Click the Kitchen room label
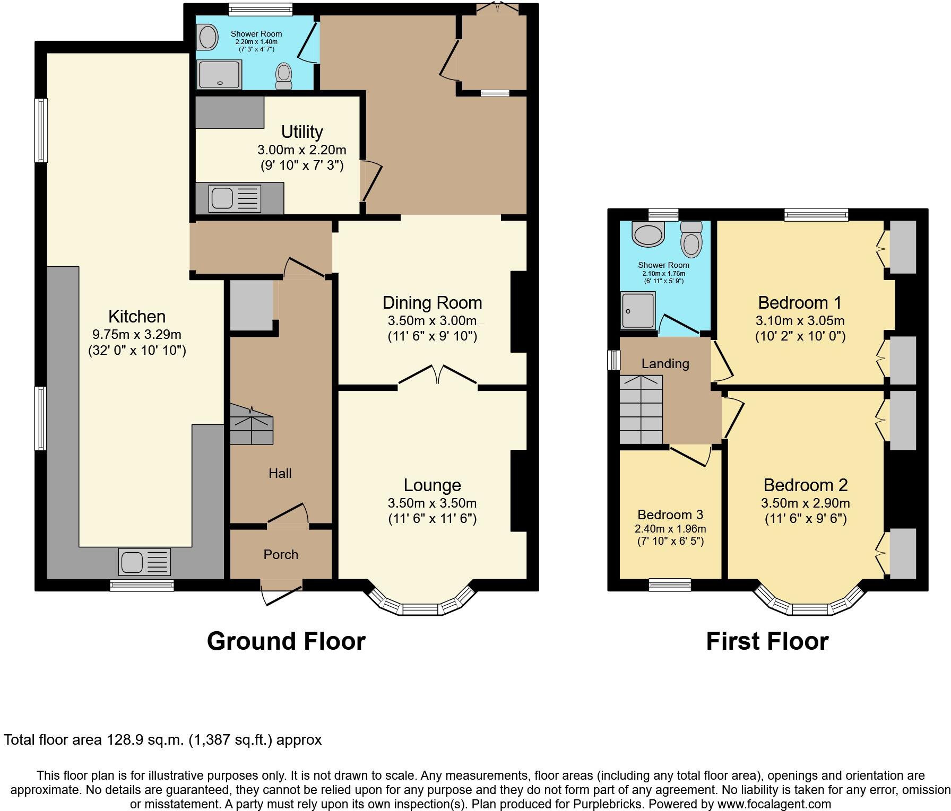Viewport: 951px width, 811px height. click(137, 317)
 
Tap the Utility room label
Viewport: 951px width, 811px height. click(302, 132)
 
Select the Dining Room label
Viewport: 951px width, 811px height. click(433, 303)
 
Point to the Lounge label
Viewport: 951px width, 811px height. click(433, 485)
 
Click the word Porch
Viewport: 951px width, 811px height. click(281, 554)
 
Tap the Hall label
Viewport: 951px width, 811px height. click(280, 473)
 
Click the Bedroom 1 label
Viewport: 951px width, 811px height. click(800, 303)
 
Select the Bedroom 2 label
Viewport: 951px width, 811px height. click(806, 485)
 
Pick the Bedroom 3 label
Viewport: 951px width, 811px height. click(670, 514)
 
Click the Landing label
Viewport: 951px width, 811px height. click(665, 363)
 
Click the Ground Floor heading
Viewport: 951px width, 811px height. click(286, 641)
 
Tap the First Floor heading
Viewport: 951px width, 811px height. click(767, 641)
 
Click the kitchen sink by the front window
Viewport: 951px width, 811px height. click(145, 562)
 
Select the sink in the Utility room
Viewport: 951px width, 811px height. click(235, 198)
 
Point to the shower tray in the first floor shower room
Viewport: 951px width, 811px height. click(638, 310)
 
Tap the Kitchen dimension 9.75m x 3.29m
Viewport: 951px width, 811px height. click(137, 335)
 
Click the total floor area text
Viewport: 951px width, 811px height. click(163, 740)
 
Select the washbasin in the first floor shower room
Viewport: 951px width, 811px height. click(649, 234)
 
